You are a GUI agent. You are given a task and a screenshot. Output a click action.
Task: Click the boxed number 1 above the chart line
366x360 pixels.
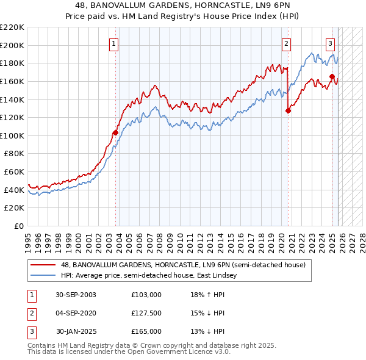coord(115,43)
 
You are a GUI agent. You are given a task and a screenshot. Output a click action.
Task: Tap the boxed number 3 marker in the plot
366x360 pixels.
coord(330,43)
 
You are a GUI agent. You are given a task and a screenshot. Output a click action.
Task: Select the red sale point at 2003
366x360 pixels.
coord(115,132)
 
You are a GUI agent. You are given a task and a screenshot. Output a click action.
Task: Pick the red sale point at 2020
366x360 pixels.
coord(288,110)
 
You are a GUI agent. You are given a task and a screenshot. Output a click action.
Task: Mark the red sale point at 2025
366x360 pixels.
coord(332,76)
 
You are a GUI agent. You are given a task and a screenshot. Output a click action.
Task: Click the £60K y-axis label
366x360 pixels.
coord(14,172)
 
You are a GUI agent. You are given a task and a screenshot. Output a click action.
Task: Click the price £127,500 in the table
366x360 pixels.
coord(146,313)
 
